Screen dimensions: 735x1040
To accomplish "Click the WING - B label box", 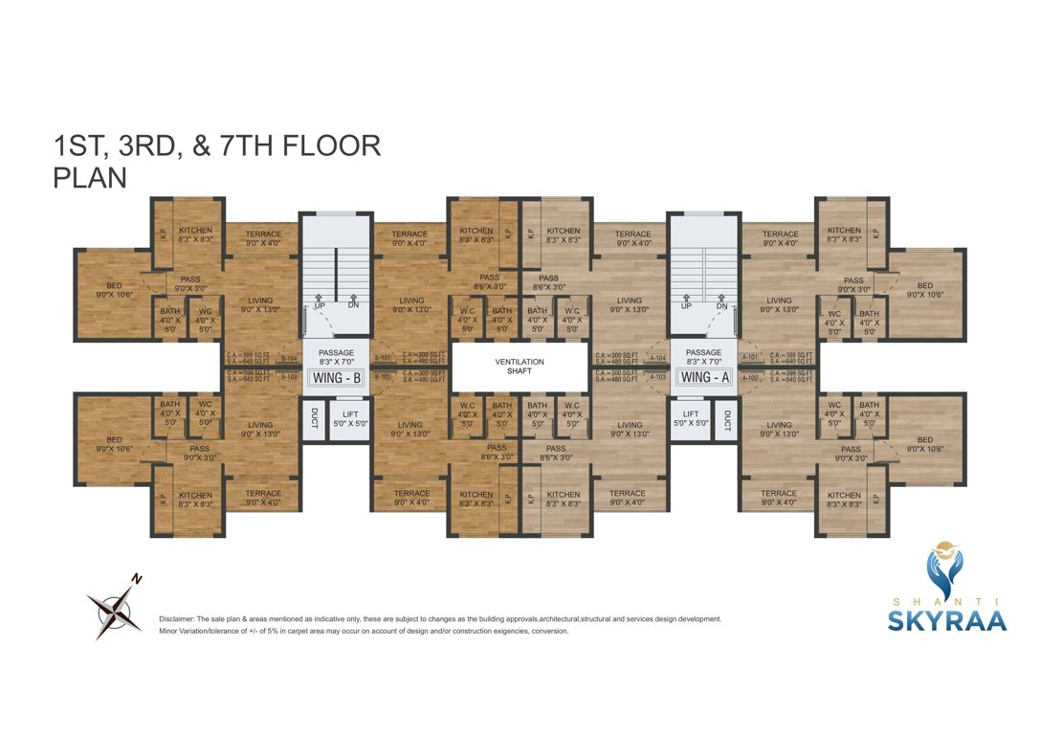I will click(x=336, y=377).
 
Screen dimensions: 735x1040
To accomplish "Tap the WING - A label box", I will click(x=703, y=377).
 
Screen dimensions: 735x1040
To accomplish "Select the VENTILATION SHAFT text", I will click(x=519, y=366).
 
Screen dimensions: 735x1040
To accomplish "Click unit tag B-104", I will click(x=288, y=358).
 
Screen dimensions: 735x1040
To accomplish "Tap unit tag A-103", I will click(x=657, y=377).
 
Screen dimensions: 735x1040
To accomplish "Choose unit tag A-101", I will click(x=750, y=358).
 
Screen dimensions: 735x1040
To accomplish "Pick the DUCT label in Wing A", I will click(x=728, y=418).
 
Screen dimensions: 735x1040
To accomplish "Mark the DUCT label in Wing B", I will click(x=314, y=418).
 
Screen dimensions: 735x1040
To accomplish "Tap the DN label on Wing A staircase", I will click(x=721, y=306).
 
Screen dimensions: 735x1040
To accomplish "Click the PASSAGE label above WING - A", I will click(x=703, y=352).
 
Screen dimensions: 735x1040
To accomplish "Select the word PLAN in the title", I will click(x=91, y=178).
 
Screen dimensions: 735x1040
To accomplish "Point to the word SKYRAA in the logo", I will click(x=946, y=621).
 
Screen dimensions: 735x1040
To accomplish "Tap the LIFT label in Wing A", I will click(x=691, y=414).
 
